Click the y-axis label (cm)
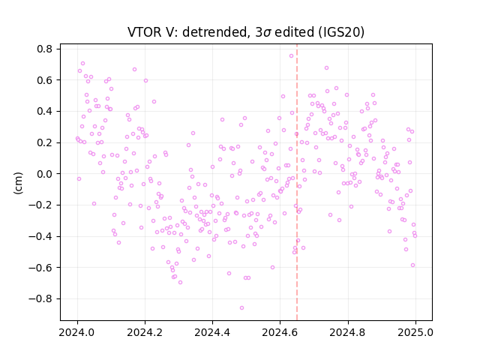[18, 183]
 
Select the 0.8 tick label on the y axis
[45, 49]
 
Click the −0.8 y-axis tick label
[40, 298]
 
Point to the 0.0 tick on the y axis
[45, 174]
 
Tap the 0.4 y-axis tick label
[45, 112]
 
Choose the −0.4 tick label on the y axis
[40, 236]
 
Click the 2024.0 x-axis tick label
[77, 332]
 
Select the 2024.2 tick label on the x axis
[145, 332]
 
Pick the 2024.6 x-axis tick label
[280, 332]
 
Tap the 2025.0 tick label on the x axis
[415, 332]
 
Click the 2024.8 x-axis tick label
[348, 332]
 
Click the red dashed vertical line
[297, 182]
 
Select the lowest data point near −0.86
[241, 307]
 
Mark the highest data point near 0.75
[292, 55]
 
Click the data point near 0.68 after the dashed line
[327, 68]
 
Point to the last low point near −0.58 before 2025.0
[412, 265]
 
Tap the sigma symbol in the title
[267, 33]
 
